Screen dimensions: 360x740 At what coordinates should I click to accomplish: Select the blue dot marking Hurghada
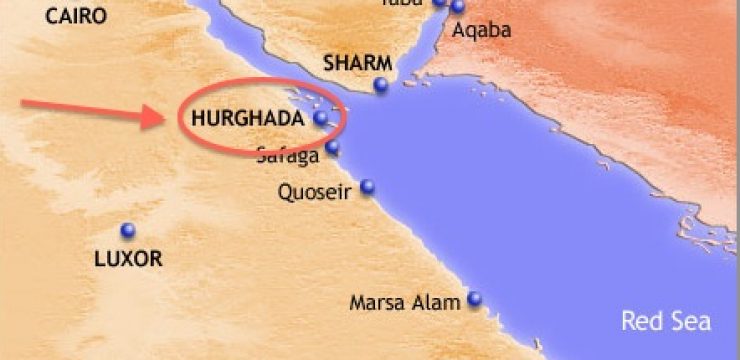pyautogui.click(x=321, y=118)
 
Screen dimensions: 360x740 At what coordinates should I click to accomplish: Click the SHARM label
pyautogui.click(x=356, y=63)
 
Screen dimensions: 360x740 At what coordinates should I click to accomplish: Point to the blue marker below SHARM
pyautogui.click(x=381, y=85)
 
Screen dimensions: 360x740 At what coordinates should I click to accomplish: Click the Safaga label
pyautogui.click(x=287, y=155)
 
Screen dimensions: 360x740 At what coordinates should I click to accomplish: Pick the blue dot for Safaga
pyautogui.click(x=332, y=149)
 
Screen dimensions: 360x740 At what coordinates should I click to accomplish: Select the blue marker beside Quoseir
pyautogui.click(x=368, y=186)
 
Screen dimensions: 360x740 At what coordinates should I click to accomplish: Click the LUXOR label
pyautogui.click(x=128, y=258)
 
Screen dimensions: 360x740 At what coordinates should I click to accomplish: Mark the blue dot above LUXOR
pyautogui.click(x=128, y=230)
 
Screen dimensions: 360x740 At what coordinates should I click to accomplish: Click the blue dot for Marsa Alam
pyautogui.click(x=474, y=298)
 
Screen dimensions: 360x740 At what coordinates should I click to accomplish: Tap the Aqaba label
pyautogui.click(x=482, y=30)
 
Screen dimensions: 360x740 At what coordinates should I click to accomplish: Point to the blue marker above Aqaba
pyautogui.click(x=458, y=7)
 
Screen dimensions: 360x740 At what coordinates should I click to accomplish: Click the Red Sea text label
pyautogui.click(x=666, y=321)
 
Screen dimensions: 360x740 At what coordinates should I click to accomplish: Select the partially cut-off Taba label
pyautogui.click(x=396, y=3)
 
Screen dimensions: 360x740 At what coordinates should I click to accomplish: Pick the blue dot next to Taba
pyautogui.click(x=438, y=3)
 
